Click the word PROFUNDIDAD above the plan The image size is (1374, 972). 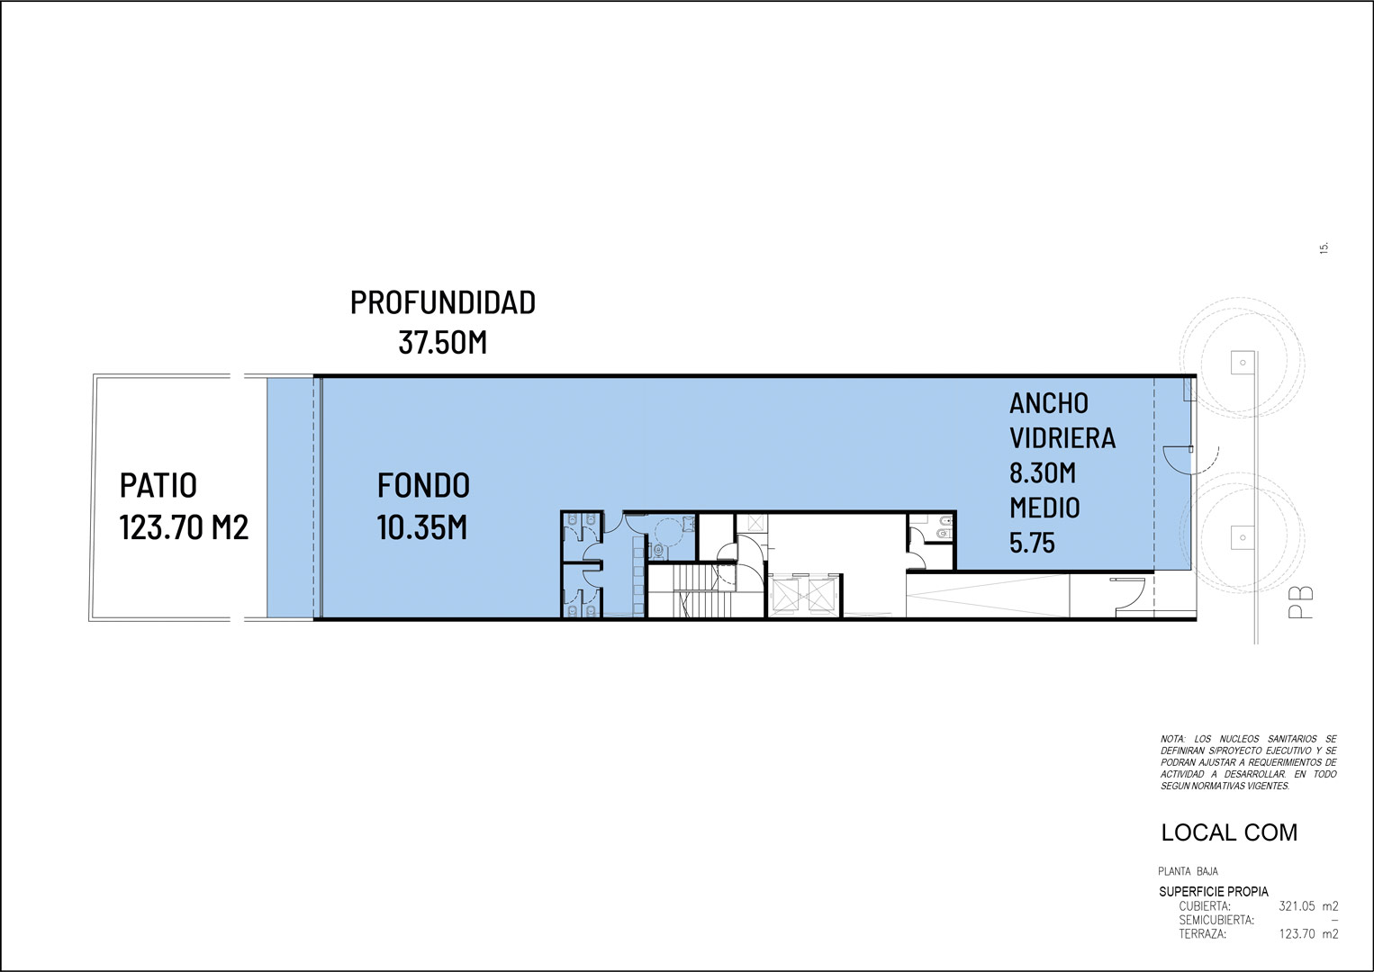[x=443, y=302]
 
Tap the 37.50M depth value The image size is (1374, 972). [x=443, y=343]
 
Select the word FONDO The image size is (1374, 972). [x=423, y=486]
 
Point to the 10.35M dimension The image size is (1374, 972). [x=422, y=527]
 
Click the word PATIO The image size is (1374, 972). [x=158, y=486]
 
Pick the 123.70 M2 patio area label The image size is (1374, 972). [x=184, y=527]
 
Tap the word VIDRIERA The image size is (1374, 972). [x=1062, y=438]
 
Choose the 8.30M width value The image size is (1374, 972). [x=1043, y=472]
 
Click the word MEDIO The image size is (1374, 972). [x=1044, y=508]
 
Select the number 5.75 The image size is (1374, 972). [x=1033, y=543]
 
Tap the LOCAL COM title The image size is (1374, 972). [x=1229, y=832]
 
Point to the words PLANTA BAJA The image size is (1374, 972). [x=1189, y=871]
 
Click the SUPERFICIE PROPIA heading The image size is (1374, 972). [x=1214, y=892]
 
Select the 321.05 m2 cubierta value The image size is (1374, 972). [x=1308, y=905]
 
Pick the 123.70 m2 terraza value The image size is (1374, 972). [x=1308, y=934]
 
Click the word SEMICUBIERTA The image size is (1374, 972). [x=1216, y=920]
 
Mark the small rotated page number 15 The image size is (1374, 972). [x=1324, y=247]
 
